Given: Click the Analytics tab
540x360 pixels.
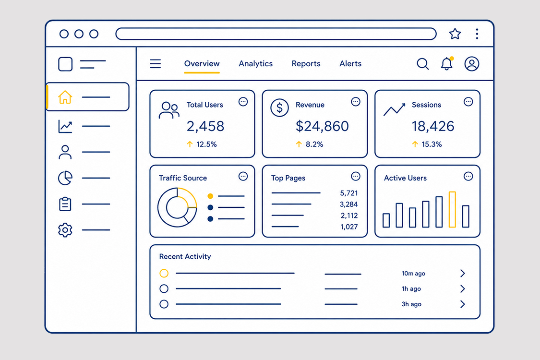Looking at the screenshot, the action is coord(255,64).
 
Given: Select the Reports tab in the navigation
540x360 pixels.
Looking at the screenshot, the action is coord(306,64).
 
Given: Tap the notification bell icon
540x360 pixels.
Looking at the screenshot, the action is coord(447,64).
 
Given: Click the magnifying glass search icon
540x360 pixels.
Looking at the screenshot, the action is coord(422,64).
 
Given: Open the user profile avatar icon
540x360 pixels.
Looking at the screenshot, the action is coord(471,64).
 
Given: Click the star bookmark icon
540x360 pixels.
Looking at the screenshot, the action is coord(455,34).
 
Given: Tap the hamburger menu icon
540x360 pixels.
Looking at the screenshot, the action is coord(156,64).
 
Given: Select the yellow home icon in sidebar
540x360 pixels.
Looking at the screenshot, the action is coord(65,97).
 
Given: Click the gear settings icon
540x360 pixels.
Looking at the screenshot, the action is coord(65,230).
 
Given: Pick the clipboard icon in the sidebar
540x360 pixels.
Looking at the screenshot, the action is coord(65,204).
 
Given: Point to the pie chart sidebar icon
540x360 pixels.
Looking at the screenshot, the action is coord(65,178).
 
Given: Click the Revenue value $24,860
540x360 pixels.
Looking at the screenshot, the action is coord(322,126).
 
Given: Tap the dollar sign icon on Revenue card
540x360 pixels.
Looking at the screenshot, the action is coord(279,108).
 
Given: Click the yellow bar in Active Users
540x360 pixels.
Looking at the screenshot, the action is coord(452,209).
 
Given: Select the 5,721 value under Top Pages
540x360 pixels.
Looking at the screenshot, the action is coord(349,193).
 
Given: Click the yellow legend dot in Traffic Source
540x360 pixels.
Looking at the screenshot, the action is coord(210,196).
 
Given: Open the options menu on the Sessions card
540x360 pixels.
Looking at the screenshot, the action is coord(468,102).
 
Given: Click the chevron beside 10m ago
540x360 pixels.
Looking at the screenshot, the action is coord(463,274).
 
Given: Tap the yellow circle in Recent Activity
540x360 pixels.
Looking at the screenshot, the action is coord(164,273).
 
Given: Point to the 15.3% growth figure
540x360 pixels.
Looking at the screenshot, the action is coord(432,144).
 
